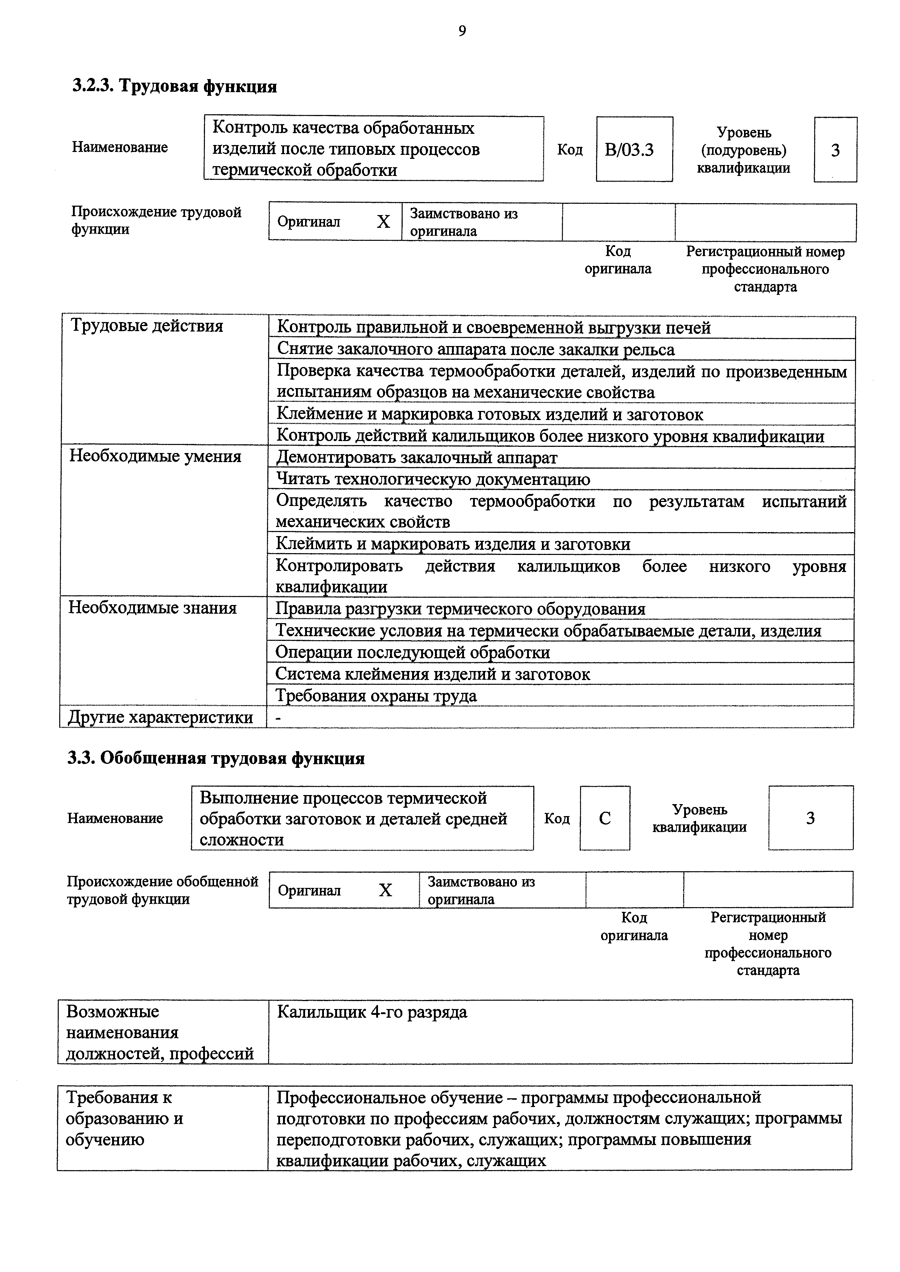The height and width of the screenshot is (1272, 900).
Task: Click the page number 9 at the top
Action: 462,31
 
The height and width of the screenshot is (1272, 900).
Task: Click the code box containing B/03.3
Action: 634,149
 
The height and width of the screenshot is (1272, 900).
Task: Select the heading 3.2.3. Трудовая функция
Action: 174,86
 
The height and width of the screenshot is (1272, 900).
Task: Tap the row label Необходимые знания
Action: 152,608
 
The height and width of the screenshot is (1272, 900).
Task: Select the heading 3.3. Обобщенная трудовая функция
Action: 216,758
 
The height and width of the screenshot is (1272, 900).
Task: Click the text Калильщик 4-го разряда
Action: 372,1012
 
